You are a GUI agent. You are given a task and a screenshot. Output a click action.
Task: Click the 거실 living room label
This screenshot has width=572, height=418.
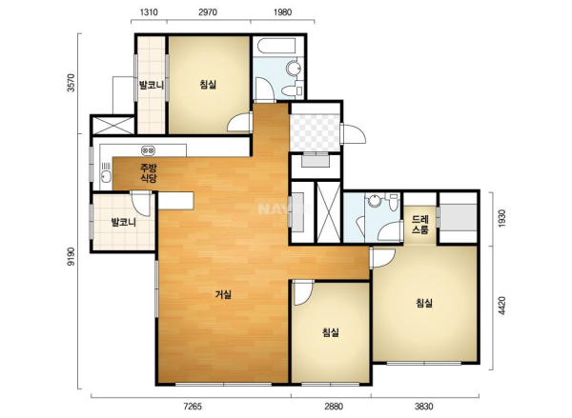(223, 294)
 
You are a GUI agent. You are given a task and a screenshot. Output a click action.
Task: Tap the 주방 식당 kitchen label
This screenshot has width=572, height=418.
(149, 173)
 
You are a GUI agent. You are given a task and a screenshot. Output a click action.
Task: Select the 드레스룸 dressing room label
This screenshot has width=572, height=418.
(419, 225)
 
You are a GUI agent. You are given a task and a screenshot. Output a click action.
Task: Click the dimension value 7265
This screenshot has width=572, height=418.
(193, 407)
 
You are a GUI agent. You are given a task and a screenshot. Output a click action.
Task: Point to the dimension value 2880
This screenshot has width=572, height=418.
(334, 407)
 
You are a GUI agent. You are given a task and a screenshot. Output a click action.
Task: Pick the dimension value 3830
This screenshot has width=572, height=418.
(423, 407)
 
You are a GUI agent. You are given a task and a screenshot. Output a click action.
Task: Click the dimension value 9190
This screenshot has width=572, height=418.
(71, 256)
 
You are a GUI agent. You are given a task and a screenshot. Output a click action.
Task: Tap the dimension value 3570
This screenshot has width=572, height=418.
(71, 83)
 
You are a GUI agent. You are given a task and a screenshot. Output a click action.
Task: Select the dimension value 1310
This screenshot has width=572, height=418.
(149, 12)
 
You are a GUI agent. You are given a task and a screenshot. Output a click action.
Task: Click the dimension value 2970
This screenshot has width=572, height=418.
(208, 12)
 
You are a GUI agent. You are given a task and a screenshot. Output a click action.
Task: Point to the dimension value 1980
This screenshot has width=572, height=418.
(282, 12)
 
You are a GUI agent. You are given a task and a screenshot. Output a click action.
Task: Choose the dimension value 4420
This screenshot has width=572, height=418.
(502, 306)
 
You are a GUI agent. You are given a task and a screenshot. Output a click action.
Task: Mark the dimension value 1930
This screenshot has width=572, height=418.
(502, 218)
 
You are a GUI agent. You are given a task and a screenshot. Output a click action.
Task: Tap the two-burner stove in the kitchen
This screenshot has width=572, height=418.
(148, 149)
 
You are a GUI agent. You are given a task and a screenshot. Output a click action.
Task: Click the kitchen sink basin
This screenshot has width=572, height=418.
(106, 177)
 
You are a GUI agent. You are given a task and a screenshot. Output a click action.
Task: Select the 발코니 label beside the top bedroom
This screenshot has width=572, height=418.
(151, 86)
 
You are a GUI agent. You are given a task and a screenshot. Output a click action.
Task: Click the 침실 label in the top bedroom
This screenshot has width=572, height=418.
(208, 85)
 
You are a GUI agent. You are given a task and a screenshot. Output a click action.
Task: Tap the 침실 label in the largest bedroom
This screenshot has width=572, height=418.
(424, 303)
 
